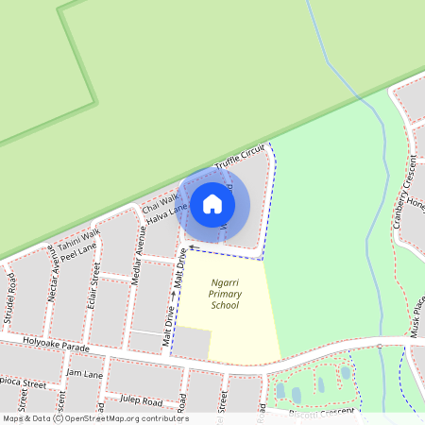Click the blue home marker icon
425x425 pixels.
(x=212, y=203)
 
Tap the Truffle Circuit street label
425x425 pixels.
(x=242, y=159)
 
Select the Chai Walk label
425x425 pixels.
(x=160, y=202)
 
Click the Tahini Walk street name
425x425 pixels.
(x=78, y=240)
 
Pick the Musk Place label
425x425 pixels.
(x=416, y=315)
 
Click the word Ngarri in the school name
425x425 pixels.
(x=225, y=282)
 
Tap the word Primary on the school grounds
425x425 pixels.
(x=225, y=294)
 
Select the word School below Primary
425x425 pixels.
(x=225, y=305)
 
